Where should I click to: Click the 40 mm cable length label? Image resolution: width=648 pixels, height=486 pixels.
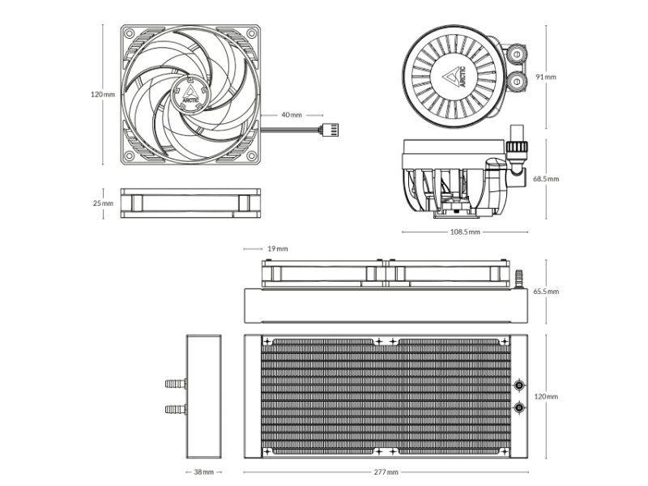[292, 115]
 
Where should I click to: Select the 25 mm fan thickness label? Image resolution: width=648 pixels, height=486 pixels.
[103, 203]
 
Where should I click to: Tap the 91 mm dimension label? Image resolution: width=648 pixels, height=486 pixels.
[546, 77]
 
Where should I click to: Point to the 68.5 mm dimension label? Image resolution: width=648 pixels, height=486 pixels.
[546, 179]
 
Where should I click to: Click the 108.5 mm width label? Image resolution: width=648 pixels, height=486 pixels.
[465, 232]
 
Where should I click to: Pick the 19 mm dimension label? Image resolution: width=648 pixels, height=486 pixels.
[278, 249]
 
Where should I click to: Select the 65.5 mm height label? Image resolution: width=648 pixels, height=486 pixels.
[546, 292]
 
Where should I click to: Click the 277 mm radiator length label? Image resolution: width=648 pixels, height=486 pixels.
[386, 471]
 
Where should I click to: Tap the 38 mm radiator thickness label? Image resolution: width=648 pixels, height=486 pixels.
[204, 471]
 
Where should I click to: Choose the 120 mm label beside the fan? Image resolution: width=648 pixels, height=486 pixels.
[103, 94]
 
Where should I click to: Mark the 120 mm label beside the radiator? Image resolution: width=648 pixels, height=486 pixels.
[546, 396]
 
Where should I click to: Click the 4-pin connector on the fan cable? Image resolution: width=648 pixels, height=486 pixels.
[330, 130]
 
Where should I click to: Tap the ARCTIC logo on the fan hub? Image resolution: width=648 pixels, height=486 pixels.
[190, 95]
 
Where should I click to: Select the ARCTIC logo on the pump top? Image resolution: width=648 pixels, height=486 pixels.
[456, 76]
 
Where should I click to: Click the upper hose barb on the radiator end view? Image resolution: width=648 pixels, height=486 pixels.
[176, 384]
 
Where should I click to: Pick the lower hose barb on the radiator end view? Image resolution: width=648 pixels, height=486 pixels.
[176, 409]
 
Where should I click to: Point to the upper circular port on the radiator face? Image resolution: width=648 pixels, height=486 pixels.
[519, 386]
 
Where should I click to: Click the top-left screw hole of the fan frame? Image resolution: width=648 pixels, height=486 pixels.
[130, 33]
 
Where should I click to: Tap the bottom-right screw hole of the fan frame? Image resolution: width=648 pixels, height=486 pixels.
[252, 156]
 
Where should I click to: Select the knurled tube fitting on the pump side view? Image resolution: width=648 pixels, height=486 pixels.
[517, 147]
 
